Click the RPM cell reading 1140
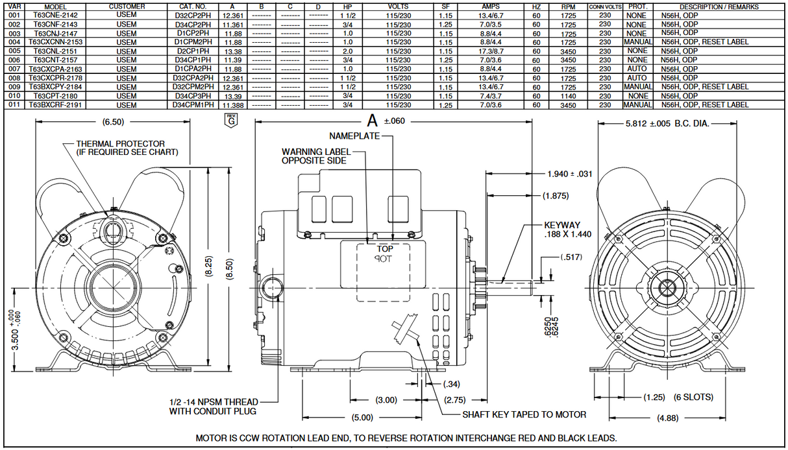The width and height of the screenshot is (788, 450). pyautogui.click(x=568, y=95)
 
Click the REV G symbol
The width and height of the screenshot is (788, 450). pyautogui.click(x=230, y=120)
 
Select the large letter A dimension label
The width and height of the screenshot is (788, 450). pyautogui.click(x=372, y=120)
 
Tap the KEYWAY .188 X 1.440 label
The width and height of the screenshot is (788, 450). pyautogui.click(x=568, y=230)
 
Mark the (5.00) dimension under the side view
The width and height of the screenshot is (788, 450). pyautogui.click(x=363, y=417)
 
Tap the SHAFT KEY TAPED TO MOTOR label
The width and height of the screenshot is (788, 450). pyautogui.click(x=524, y=414)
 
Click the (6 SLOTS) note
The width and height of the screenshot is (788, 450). pyautogui.click(x=693, y=397)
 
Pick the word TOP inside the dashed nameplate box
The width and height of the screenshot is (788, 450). pyautogui.click(x=385, y=248)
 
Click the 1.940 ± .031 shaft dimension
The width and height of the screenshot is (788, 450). pyautogui.click(x=569, y=174)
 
